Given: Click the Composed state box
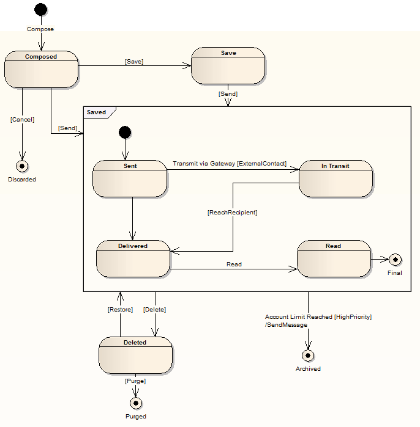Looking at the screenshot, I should (x=41, y=69).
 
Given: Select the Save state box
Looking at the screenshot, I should (x=228, y=65).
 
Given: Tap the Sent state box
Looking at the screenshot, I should (x=129, y=178).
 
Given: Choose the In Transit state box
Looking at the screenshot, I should (x=336, y=178).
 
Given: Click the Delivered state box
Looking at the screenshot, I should (x=133, y=258).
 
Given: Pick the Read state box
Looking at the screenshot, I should (x=334, y=258).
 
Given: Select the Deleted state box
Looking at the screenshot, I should (x=135, y=355).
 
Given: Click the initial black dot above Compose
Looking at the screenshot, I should (x=40, y=10).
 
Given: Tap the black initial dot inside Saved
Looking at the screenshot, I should (x=125, y=132).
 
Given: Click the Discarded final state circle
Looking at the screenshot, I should (x=23, y=166).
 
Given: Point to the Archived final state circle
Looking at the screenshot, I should (x=308, y=355).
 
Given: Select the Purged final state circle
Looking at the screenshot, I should (x=136, y=403).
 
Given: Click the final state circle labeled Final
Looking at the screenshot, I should (x=396, y=259).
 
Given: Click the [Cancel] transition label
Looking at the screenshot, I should (x=22, y=120).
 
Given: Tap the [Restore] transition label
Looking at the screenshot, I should (x=120, y=310).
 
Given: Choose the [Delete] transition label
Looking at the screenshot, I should (x=154, y=310).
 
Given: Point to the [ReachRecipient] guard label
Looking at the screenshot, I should (x=232, y=213).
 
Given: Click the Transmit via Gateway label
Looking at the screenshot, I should (x=230, y=164).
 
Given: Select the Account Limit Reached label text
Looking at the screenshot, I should (x=318, y=317).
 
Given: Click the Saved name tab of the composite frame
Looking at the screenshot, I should (x=97, y=112).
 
